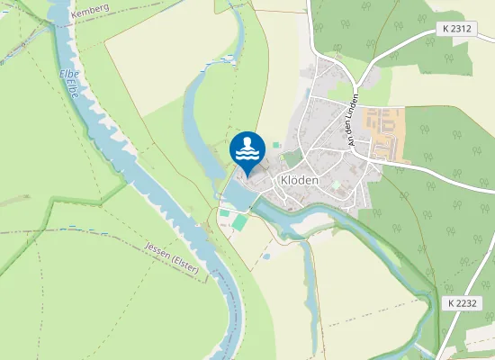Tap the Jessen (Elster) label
click(x=171, y=256)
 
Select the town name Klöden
click(x=300, y=179)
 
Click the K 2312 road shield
click(x=457, y=29)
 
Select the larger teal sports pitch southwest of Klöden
click(x=238, y=220)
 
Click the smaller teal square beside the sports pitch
click(x=224, y=213)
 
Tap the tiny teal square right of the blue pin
click(x=276, y=144)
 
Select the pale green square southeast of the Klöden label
click(x=335, y=184)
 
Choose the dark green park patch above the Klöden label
click(x=292, y=157)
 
